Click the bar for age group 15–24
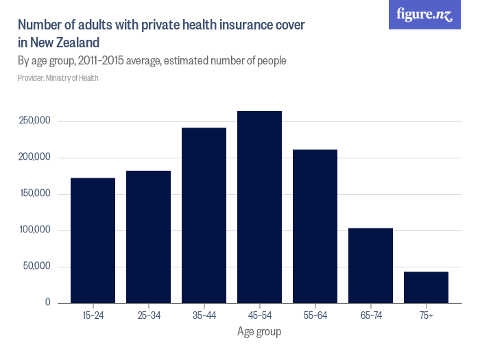click(x=93, y=240)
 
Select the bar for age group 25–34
click(x=148, y=237)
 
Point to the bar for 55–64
click(x=315, y=226)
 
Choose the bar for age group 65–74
click(x=370, y=265)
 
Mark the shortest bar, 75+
click(x=426, y=287)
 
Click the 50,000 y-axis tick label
click(x=38, y=267)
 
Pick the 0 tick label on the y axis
click(x=48, y=302)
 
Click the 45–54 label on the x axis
click(x=259, y=315)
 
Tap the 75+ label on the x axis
click(x=426, y=315)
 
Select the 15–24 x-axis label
click(x=93, y=315)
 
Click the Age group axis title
click(x=259, y=332)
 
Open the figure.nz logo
click(x=424, y=15)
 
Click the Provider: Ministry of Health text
click(x=58, y=78)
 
